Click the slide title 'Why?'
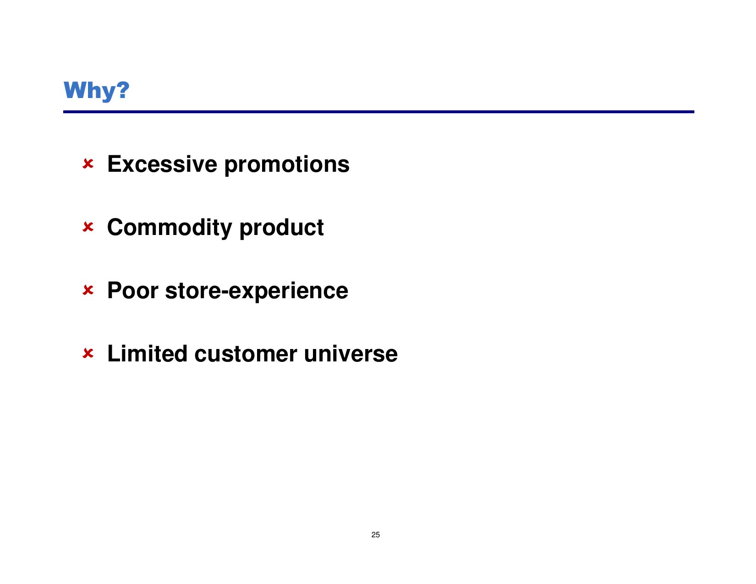[96, 91]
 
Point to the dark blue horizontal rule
[378, 112]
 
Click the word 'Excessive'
[162, 164]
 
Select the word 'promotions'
[287, 165]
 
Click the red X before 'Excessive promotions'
[88, 164]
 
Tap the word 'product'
[281, 228]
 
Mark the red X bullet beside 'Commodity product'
[88, 227]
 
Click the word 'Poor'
[133, 290]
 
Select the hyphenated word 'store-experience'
[257, 291]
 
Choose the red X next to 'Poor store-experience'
[88, 290]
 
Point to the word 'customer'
[246, 354]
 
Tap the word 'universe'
[351, 354]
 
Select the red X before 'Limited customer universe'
[88, 353]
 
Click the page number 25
[376, 535]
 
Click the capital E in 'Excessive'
[115, 164]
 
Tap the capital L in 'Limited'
[114, 354]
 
